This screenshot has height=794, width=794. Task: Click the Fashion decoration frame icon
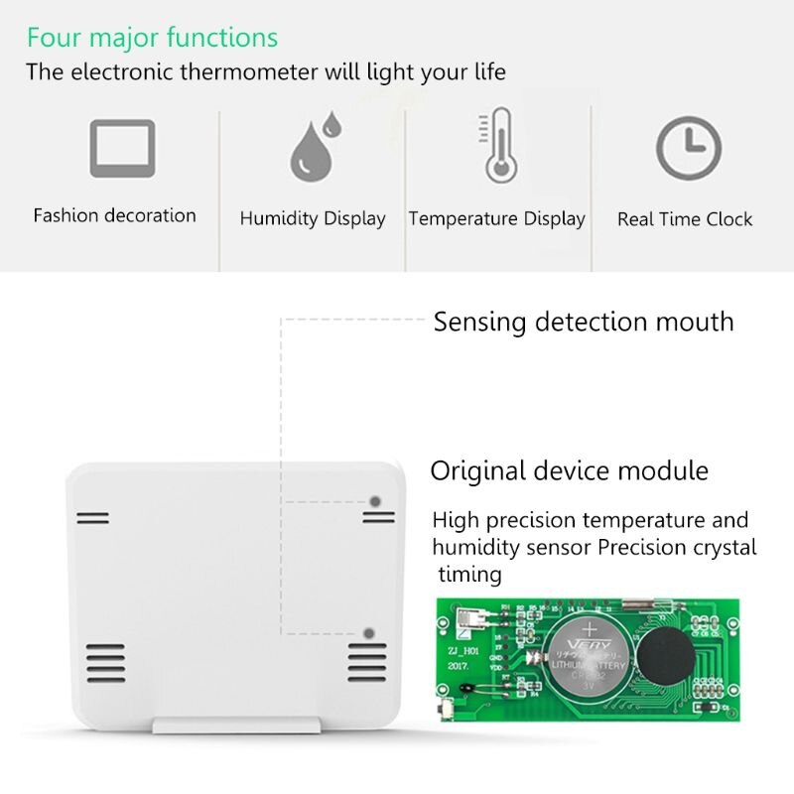[x=122, y=148]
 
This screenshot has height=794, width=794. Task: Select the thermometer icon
[x=497, y=146]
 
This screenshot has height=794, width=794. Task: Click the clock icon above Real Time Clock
[x=687, y=148]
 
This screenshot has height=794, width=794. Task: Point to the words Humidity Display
[x=313, y=219]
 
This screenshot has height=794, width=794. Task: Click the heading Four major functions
[x=152, y=39]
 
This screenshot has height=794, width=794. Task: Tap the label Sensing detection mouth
[x=584, y=322]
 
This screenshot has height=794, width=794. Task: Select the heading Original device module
[x=570, y=469]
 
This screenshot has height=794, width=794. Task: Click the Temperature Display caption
[x=496, y=219]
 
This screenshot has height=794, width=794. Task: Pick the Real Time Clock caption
[x=685, y=219]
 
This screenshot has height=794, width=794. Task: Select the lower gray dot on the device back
[x=369, y=632]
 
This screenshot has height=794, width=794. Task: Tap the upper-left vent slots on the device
[x=93, y=518]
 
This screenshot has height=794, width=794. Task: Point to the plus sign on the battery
[x=592, y=628]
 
